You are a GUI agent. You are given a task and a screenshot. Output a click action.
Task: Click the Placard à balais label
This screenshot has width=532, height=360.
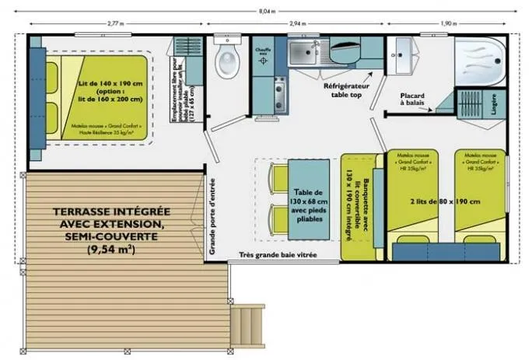pyautogui.click(x=412, y=99)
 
